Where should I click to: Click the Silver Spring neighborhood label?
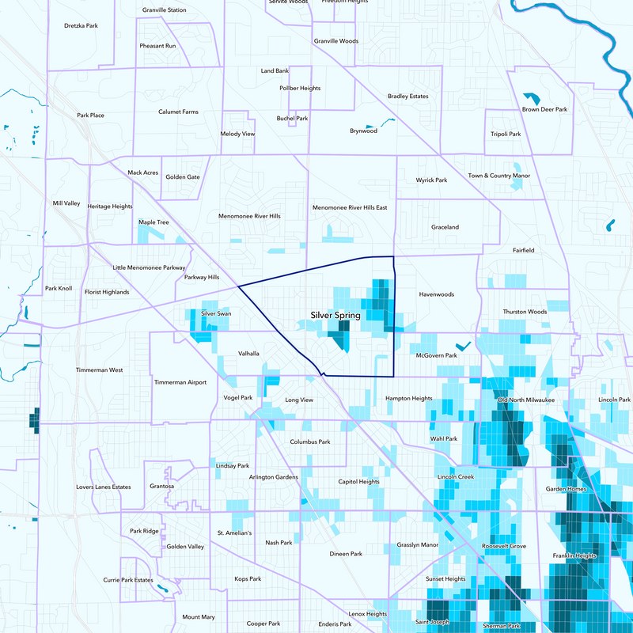(x=335, y=316)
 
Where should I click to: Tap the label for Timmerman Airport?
(x=180, y=382)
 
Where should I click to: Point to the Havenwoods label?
(x=436, y=294)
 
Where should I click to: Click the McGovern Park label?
(x=437, y=356)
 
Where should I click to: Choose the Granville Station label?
(x=165, y=10)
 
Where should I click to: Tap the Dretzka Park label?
(x=81, y=26)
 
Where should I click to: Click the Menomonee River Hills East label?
(x=350, y=207)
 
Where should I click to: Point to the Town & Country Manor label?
(x=498, y=176)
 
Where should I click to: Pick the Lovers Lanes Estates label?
(x=104, y=487)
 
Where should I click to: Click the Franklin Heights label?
(x=574, y=555)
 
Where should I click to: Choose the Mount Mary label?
(x=199, y=616)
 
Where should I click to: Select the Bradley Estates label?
(x=407, y=97)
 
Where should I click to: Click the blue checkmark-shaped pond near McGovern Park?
(x=463, y=345)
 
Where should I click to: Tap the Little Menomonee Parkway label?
(x=149, y=268)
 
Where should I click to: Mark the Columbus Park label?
(x=310, y=442)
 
